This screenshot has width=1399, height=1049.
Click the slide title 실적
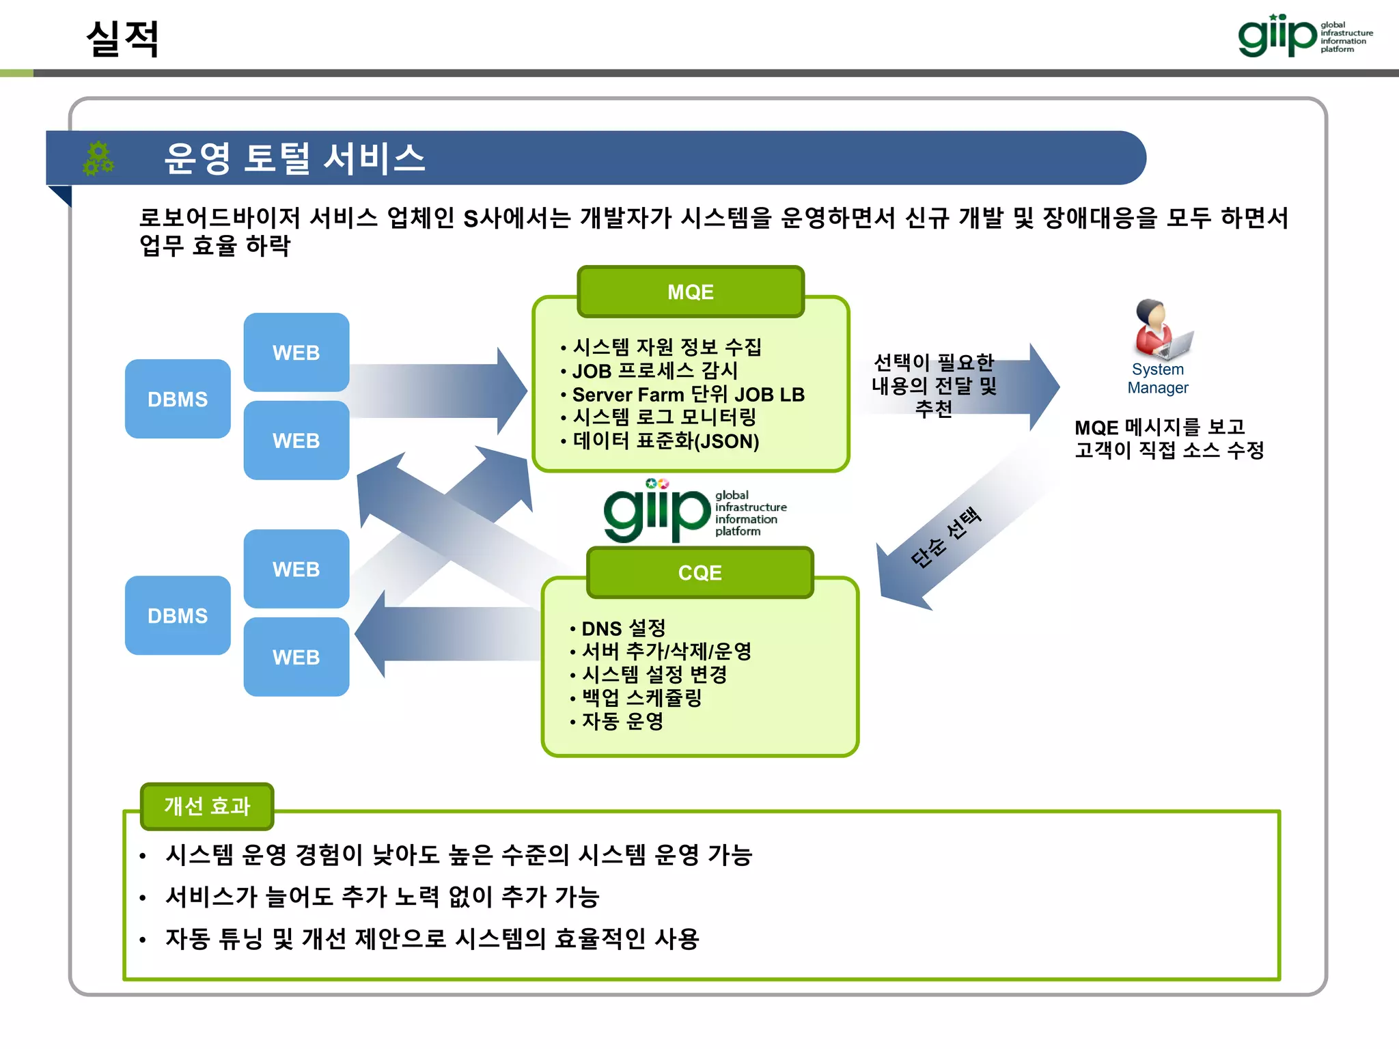tap(123, 38)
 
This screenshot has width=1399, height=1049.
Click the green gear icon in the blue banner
tap(98, 158)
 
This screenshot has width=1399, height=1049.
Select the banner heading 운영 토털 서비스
tap(294, 158)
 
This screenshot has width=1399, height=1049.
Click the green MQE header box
tap(691, 292)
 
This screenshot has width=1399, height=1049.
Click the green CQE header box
tap(699, 572)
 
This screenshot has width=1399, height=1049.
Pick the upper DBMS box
tap(178, 399)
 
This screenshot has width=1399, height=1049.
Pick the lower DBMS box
tap(178, 615)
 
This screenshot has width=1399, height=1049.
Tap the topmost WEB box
tap(296, 352)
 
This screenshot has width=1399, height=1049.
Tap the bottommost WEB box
tap(296, 657)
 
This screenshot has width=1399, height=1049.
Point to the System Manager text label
tap(1158, 378)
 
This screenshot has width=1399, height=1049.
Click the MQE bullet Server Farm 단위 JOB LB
tap(688, 395)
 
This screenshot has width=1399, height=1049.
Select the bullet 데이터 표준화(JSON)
tap(665, 441)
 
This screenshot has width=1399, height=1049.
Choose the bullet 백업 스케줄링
tap(641, 697)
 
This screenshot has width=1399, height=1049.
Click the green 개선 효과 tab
tap(207, 806)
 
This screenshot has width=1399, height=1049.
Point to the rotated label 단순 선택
tap(946, 537)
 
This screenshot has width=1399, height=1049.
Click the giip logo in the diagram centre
tap(693, 512)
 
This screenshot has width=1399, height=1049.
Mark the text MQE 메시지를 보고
tap(1159, 428)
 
